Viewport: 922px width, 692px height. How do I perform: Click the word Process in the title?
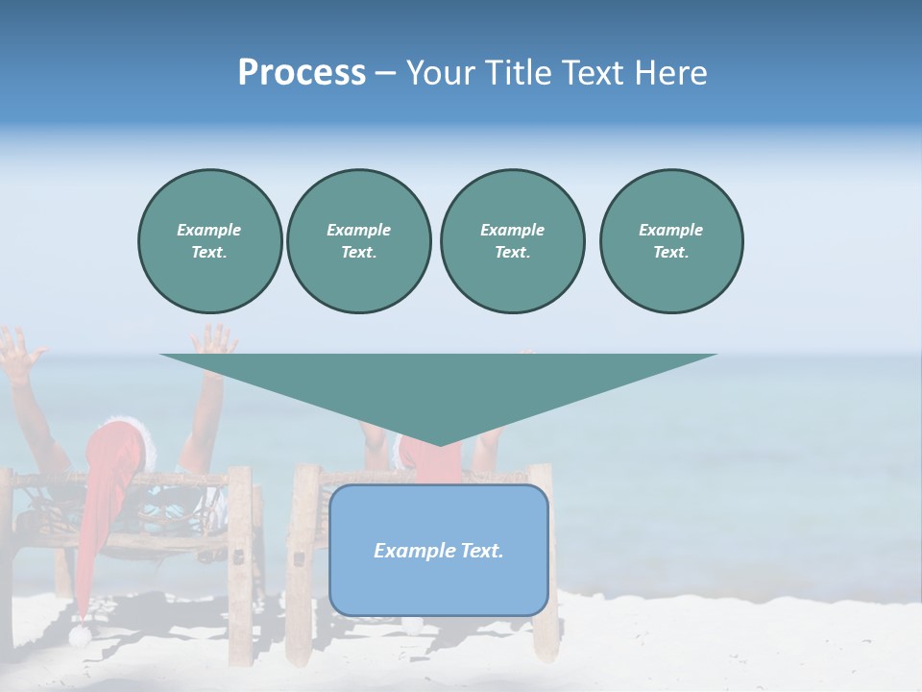[302, 73]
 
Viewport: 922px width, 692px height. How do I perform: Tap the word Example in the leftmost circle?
[209, 230]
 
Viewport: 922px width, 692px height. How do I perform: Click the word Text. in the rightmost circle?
[671, 252]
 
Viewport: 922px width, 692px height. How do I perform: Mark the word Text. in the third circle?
[512, 252]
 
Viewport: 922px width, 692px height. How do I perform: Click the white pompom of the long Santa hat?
[79, 634]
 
